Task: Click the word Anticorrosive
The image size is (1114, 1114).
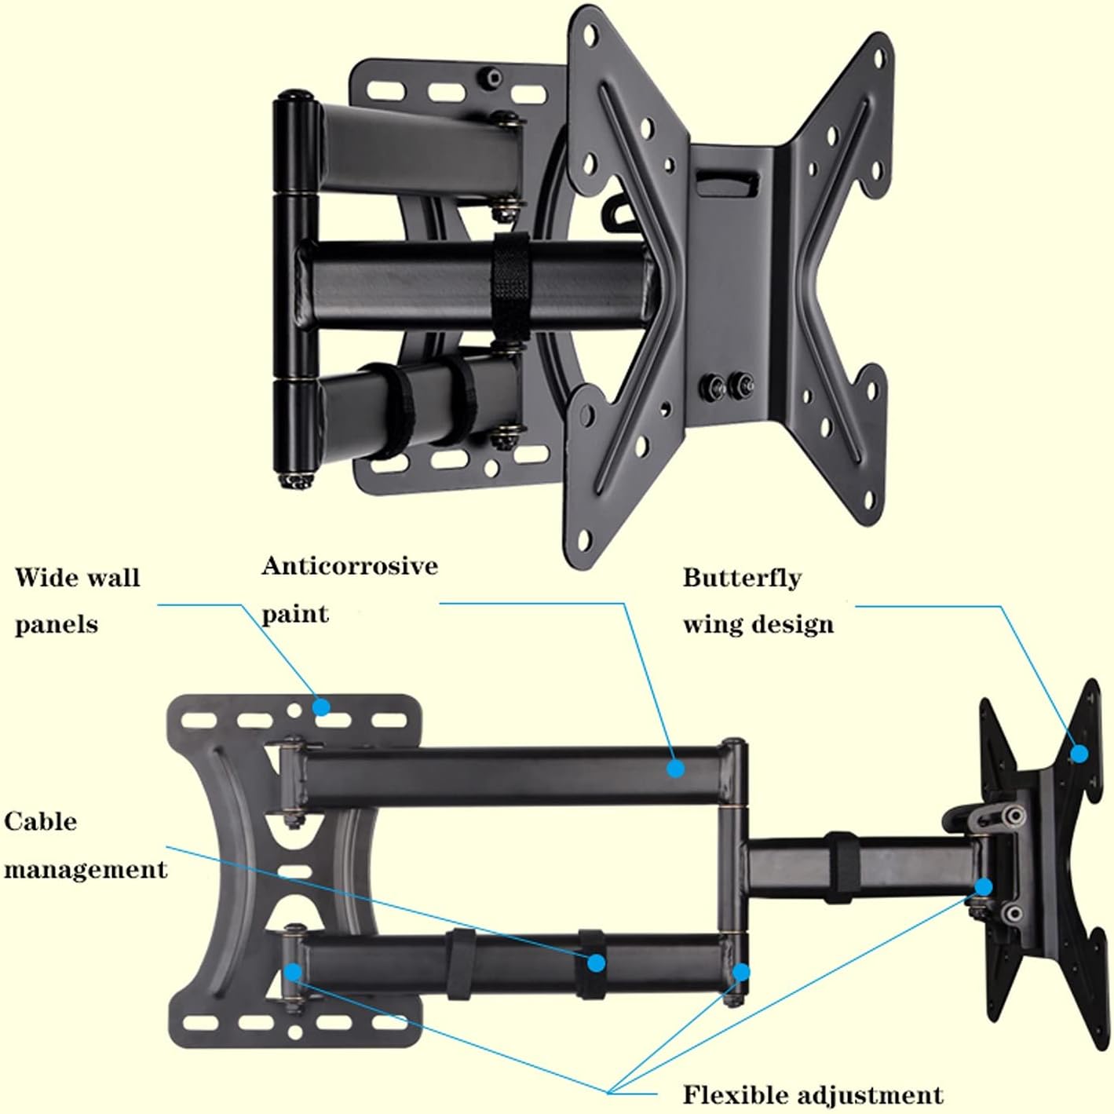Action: point(349,566)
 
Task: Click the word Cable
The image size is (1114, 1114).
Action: point(41,822)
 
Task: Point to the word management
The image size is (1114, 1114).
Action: point(85,869)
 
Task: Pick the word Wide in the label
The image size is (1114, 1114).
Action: point(46,578)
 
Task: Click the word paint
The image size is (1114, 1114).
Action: point(294,613)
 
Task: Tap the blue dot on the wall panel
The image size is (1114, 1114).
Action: point(321,707)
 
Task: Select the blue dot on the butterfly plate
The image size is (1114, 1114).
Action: point(1079,754)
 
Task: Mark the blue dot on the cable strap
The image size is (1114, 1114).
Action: point(597,962)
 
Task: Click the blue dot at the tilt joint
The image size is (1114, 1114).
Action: point(984,887)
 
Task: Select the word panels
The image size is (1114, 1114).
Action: point(57,625)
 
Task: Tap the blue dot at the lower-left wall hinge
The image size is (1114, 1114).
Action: point(293,972)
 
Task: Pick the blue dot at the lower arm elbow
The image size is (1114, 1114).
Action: point(741,972)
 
